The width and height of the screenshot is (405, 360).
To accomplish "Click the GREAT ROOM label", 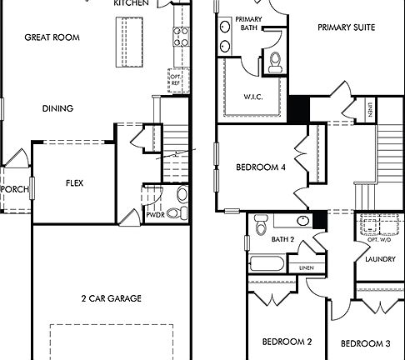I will point(51,37).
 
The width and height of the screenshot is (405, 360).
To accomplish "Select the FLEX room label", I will point(75,183).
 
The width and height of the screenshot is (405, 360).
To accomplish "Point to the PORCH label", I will point(15,190).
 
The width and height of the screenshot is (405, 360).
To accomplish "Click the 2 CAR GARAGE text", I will point(111,298).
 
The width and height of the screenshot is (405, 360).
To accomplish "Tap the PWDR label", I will point(156,214).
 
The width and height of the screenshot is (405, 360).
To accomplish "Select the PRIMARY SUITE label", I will point(346,27).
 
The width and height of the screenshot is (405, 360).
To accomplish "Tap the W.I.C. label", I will point(254,97).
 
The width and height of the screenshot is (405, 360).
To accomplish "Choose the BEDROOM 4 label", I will point(261,167).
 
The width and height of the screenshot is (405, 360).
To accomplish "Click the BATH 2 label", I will point(283,240).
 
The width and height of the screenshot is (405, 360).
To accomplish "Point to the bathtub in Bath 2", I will point(267,267).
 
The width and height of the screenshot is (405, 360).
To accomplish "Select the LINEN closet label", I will point(306,267).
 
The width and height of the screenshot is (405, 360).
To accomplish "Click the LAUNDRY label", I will point(380,259).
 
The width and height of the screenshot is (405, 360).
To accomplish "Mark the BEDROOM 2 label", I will point(287,342).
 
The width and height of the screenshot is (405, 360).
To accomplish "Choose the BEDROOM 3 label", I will point(365,343).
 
